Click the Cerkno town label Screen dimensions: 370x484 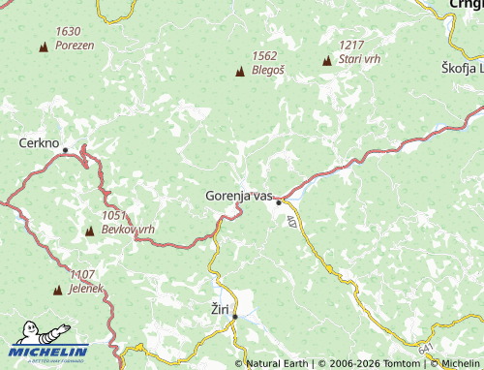(40, 141)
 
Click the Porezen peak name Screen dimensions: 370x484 (75, 46)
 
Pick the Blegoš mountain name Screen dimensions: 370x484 (268, 70)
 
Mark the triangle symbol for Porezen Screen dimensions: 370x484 (43, 46)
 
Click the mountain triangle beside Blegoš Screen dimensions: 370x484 (240, 71)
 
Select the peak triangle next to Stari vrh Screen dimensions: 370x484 (326, 61)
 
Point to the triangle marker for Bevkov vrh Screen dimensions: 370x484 (90, 231)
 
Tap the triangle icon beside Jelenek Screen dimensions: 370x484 (58, 290)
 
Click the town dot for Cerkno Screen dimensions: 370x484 (66, 150)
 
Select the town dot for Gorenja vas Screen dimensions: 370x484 (279, 202)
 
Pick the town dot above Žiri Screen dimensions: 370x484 (234, 316)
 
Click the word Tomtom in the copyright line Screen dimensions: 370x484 (401, 363)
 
